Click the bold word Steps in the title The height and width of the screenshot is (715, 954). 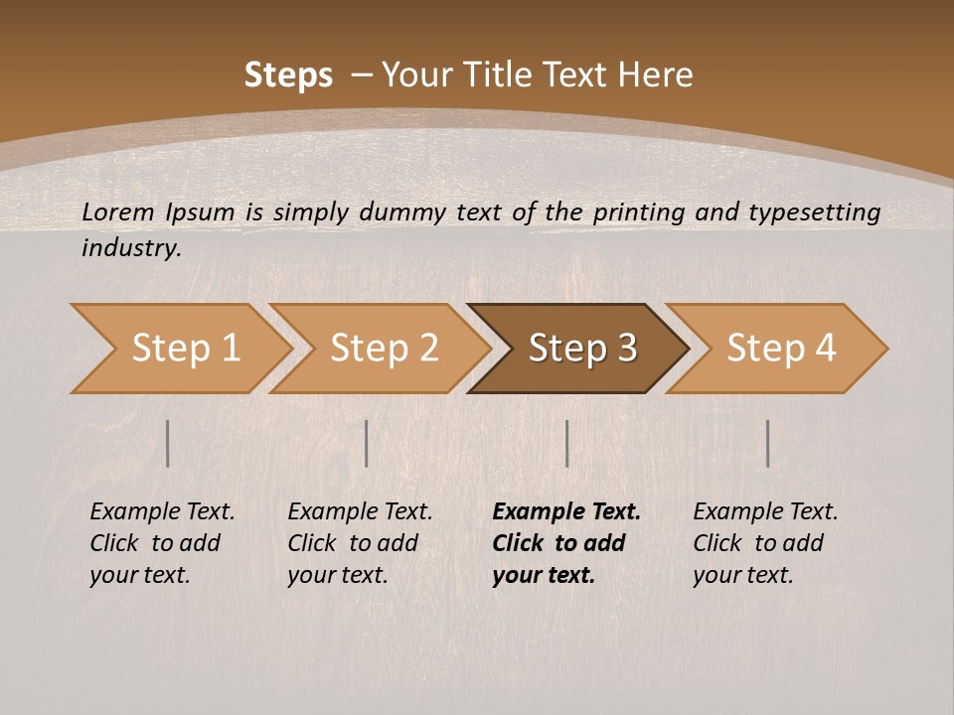coord(288,75)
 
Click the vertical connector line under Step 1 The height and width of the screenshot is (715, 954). coord(168,443)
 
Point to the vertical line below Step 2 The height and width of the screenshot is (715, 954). coord(367,443)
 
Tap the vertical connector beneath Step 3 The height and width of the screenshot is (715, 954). coord(566,443)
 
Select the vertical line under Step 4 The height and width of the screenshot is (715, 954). coord(767,443)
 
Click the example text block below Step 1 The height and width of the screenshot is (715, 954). coord(162,543)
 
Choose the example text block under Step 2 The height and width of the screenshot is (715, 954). coord(360,543)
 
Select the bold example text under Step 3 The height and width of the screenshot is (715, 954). coord(565,543)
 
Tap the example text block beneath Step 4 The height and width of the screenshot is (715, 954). coord(765,543)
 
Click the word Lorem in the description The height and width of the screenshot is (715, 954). coord(117,212)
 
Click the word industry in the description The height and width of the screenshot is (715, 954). coord(130,248)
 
